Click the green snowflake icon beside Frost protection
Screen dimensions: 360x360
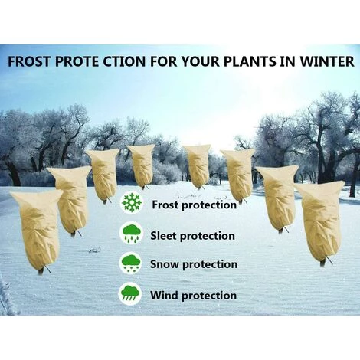pos(132,204)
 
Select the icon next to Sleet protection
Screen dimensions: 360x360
pos(131,234)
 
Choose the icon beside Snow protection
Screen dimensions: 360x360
pos(131,263)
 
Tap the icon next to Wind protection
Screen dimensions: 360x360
pos(130,293)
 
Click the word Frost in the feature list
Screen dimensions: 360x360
pos(165,205)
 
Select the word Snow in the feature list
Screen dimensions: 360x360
pos(165,265)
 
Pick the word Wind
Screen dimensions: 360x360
pos(163,295)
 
